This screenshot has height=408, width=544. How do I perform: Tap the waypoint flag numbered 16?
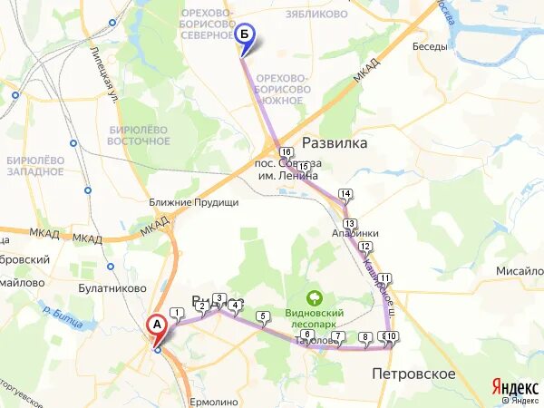[286, 152]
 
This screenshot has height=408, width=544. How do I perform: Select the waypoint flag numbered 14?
[345, 194]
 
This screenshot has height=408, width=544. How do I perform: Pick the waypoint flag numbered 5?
[264, 316]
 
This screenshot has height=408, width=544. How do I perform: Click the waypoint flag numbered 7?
[338, 338]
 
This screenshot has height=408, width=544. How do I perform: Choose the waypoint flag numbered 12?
[365, 247]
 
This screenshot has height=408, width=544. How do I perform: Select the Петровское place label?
[413, 374]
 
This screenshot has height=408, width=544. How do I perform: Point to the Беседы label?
[429, 46]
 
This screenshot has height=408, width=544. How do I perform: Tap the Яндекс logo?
[514, 386]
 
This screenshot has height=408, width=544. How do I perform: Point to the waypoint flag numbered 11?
[385, 278]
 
